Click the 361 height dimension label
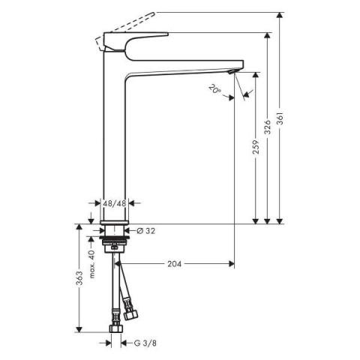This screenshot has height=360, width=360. click(280, 118)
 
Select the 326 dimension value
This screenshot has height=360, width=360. click(268, 127)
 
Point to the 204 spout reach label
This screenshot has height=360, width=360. click(174, 263)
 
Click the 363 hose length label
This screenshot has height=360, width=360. click(79, 277)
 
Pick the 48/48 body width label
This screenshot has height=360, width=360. click(115, 203)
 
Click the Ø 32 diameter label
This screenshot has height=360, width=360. click(146, 231)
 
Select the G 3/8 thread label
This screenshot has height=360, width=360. click(145, 343)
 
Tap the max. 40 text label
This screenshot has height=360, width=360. click(92, 264)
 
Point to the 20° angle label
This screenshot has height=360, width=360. click(215, 89)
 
